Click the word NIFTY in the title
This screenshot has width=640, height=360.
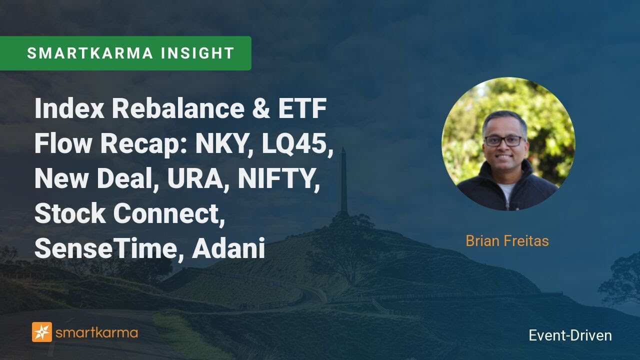pos(278,179)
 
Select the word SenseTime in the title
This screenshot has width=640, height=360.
pos(102,249)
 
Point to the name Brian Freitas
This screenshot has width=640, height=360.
pos(507,241)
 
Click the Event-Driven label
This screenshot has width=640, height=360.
pos(570,335)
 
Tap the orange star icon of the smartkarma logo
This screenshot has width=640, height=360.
pos(42,332)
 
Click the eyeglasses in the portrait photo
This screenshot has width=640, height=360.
pos(504,141)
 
